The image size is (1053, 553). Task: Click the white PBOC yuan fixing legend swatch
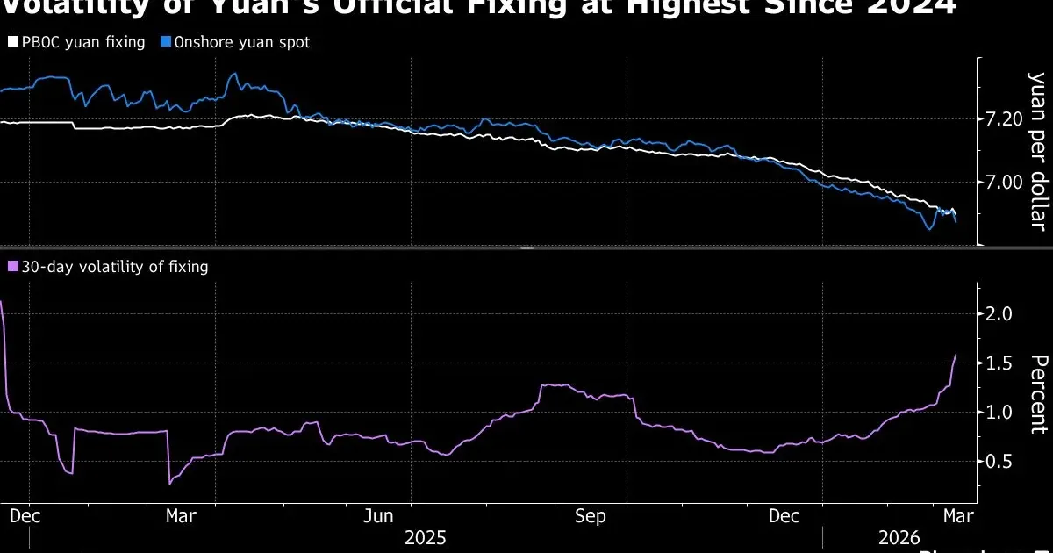12,42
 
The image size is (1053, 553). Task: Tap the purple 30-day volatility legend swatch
12,266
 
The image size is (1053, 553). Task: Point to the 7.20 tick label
1006,118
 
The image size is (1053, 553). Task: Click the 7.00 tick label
1006,183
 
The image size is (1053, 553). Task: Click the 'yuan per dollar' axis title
1037,149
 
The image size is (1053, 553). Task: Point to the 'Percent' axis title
1037,393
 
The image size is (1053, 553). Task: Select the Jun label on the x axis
377,516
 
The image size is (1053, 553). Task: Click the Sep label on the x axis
590,516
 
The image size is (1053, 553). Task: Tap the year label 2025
426,537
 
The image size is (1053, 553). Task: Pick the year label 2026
898,537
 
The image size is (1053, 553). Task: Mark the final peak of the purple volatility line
956,355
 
